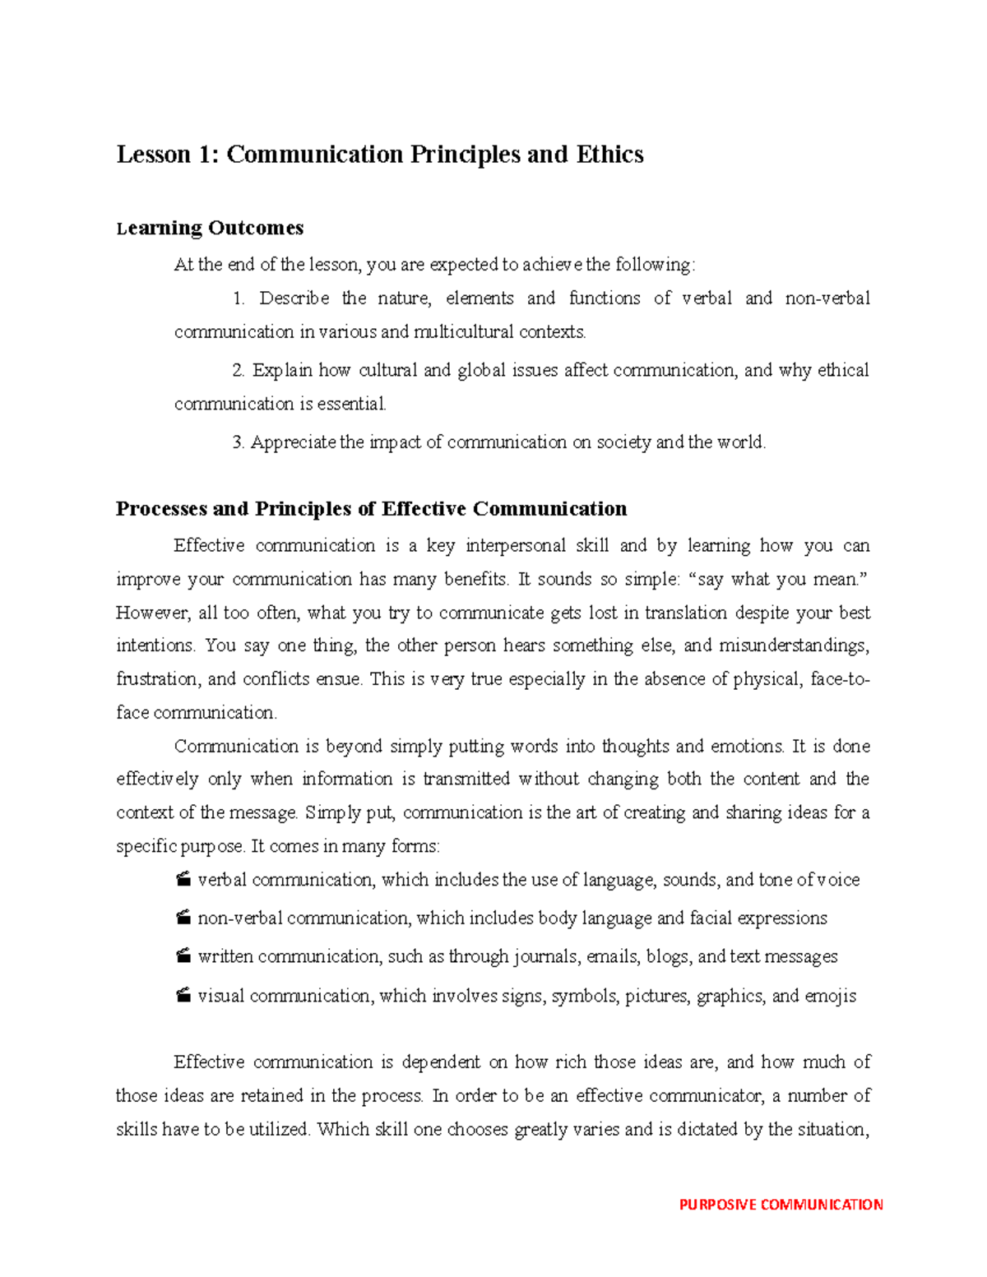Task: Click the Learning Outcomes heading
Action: tap(210, 228)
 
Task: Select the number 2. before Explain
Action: tap(239, 371)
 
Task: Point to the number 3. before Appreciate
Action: tap(239, 442)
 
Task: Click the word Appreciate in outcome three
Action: tap(294, 442)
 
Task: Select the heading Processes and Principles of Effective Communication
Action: tap(371, 509)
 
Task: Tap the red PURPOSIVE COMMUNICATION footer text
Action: tap(781, 1205)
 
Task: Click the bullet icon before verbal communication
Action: tap(183, 880)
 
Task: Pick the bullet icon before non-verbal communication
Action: tap(183, 918)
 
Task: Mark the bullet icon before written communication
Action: tap(183, 956)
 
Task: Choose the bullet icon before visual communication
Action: tap(183, 996)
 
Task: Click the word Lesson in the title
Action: tap(154, 155)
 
